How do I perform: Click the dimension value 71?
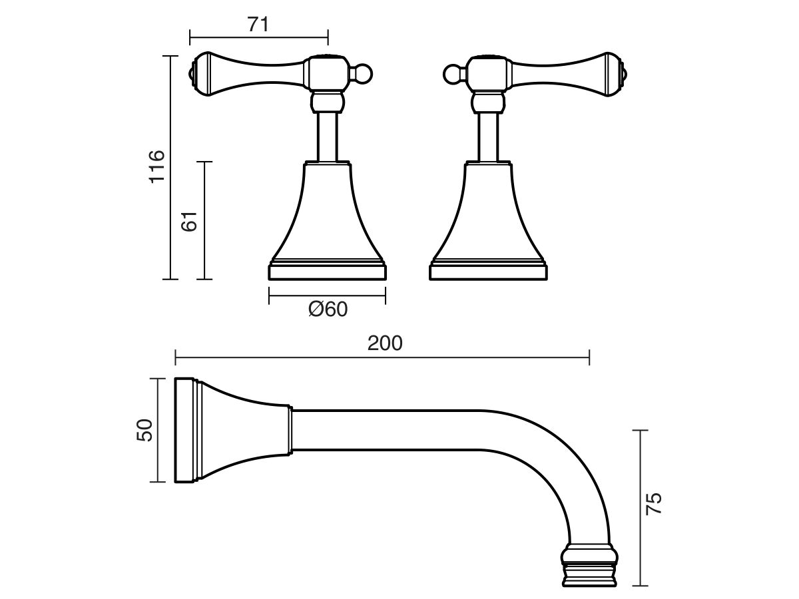click(x=258, y=24)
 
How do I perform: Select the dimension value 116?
click(x=156, y=167)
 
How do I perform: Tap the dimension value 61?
click(x=190, y=220)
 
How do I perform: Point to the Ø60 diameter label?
click(x=328, y=309)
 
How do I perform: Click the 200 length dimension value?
click(x=385, y=343)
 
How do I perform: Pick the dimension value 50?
click(x=144, y=430)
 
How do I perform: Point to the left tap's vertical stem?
click(x=328, y=136)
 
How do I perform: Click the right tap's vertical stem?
click(x=488, y=136)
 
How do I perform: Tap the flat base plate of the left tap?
click(x=327, y=272)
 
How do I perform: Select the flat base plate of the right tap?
click(x=488, y=272)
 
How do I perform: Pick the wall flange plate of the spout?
click(x=184, y=430)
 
